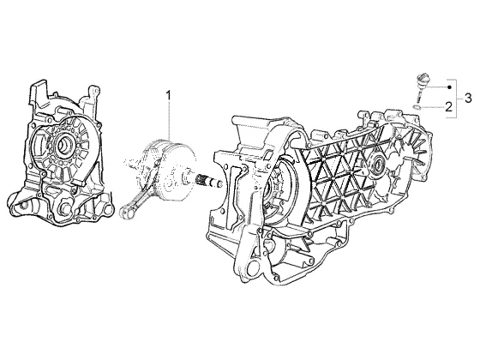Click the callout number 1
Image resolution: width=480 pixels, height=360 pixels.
[x=168, y=95]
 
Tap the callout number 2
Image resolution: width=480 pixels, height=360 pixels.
[x=449, y=107]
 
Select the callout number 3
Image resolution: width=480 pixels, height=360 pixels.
[x=468, y=99]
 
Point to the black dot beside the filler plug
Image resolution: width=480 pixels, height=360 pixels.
[x=449, y=87]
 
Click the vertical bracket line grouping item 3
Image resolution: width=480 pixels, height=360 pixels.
[x=457, y=99]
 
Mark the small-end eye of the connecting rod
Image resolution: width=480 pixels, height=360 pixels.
[x=124, y=212]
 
